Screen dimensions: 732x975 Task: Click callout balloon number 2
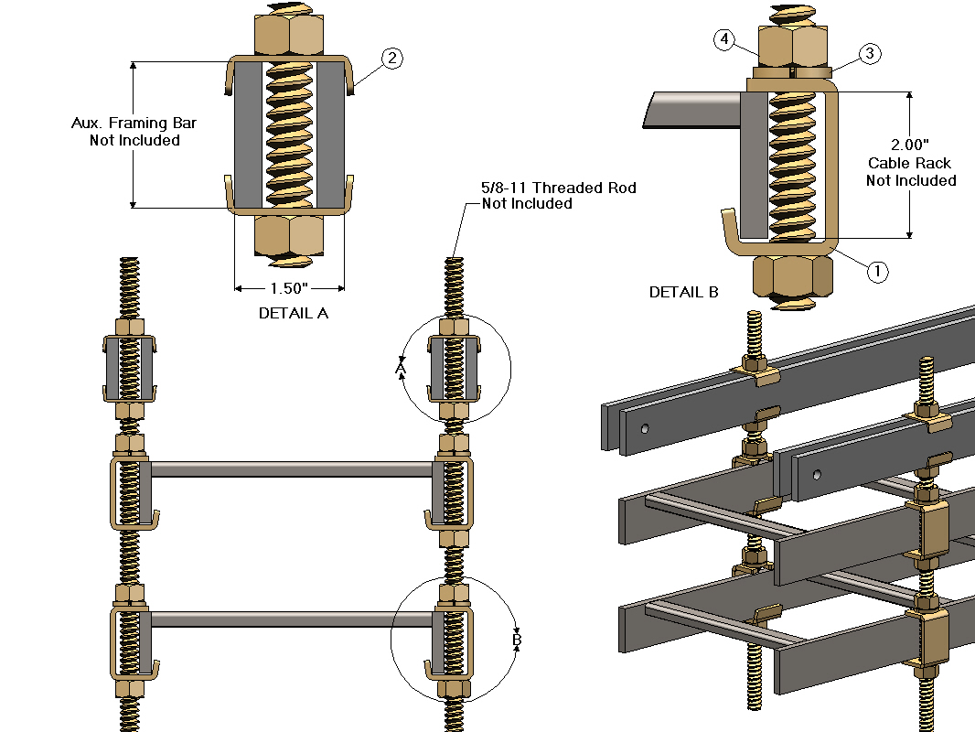(x=391, y=59)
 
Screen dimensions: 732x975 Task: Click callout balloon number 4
(x=724, y=39)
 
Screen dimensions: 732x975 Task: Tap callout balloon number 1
(x=876, y=271)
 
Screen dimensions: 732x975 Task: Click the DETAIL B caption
(x=683, y=293)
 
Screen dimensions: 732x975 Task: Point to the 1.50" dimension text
(x=289, y=288)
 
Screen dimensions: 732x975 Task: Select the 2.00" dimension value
(x=910, y=145)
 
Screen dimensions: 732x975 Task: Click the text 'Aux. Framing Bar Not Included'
(x=134, y=132)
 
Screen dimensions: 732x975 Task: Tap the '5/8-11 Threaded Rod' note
(x=559, y=188)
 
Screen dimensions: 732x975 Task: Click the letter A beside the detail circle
(x=400, y=367)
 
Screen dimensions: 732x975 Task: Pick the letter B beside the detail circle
(x=516, y=641)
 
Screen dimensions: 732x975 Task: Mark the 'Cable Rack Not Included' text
(x=910, y=172)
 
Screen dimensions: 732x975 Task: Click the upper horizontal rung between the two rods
(x=291, y=469)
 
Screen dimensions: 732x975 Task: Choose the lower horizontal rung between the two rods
(x=291, y=619)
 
